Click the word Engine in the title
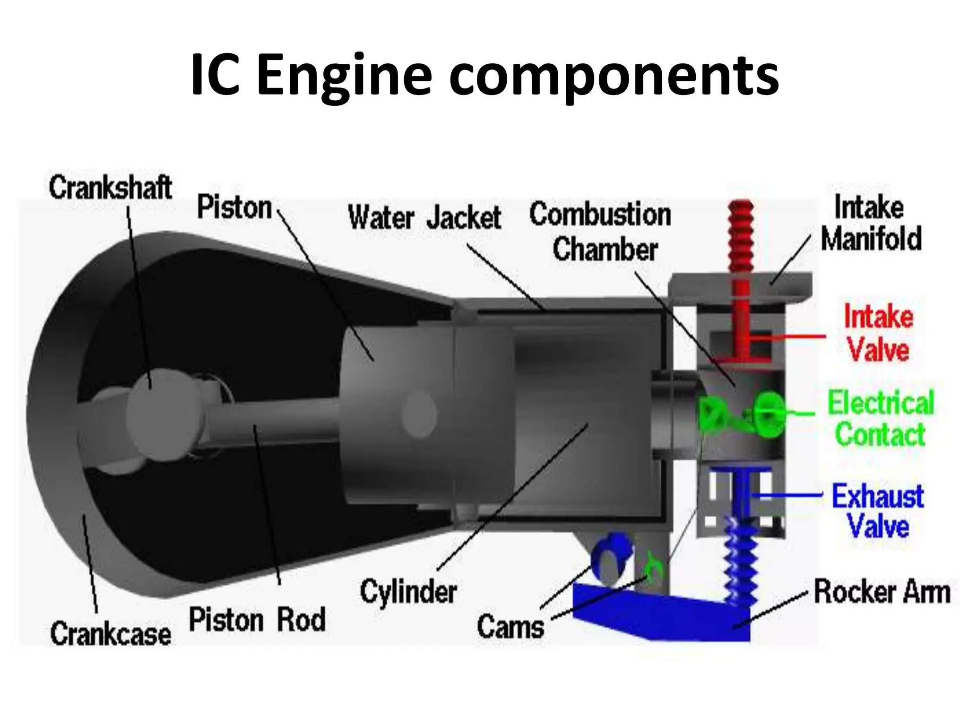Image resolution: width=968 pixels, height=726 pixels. point(344,76)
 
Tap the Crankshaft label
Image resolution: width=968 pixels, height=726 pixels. point(110,188)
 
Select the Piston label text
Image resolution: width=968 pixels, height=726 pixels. point(234,207)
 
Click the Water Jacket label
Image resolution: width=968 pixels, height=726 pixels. point(424,218)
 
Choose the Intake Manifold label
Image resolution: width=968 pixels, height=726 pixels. point(871,223)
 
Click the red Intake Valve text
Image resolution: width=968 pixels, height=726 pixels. point(878,333)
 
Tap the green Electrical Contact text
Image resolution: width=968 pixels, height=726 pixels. point(881,418)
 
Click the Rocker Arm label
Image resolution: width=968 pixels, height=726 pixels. point(882,592)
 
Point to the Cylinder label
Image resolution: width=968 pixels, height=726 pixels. point(408,592)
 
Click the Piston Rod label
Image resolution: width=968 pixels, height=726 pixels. point(257,620)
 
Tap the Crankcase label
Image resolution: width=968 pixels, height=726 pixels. point(110,634)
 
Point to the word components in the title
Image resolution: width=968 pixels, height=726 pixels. point(614,76)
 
